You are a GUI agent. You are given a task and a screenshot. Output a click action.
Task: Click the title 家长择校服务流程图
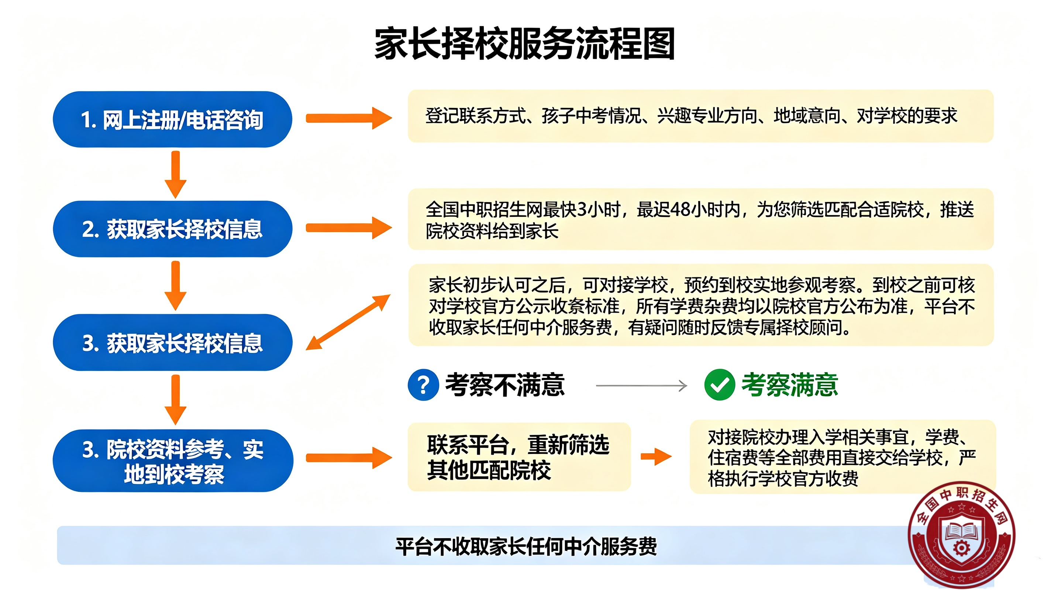pos(525,43)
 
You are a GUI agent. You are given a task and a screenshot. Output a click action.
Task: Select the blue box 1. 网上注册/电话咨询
pos(173,119)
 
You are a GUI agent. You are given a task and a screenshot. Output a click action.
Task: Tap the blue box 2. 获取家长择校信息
pos(173,229)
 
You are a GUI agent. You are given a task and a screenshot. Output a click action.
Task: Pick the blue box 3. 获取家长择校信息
pos(173,343)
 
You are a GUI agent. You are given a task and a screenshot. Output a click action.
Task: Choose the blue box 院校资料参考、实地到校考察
pos(173,461)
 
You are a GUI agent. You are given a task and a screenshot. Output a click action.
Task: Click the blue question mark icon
pos(424,385)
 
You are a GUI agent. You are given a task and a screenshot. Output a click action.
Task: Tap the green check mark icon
pos(720,385)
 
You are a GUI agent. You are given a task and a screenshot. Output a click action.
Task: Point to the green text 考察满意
pos(790,385)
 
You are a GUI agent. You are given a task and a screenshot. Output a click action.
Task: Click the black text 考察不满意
pos(505,385)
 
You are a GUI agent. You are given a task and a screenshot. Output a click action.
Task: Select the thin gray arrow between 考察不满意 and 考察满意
pos(642,385)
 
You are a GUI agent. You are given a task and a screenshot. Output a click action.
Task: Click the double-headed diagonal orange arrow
pos(348,322)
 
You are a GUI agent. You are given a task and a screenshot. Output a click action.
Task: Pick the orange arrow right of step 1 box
pos(349,118)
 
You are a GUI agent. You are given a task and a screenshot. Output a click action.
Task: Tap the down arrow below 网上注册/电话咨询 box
pos(175,174)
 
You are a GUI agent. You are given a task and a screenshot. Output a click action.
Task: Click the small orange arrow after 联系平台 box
pos(656,457)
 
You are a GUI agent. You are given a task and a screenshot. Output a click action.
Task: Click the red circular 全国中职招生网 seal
pos(962,535)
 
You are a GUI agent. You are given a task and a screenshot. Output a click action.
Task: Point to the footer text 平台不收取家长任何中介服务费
pos(526,546)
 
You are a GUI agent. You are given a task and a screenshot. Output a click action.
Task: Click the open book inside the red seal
pos(962,532)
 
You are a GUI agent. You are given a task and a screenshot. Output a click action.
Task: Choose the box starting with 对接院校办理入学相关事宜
pos(843,457)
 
